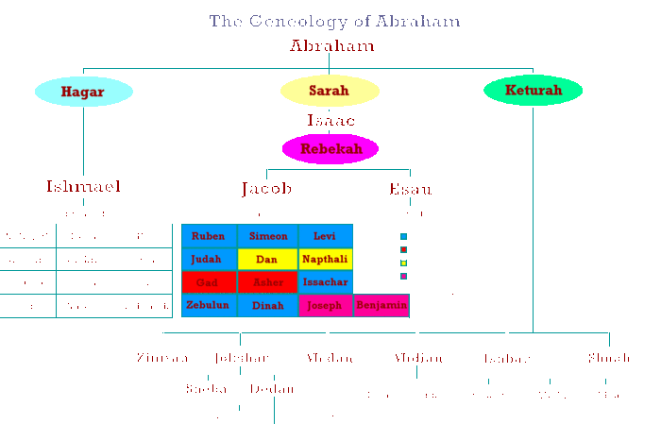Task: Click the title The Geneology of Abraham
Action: tap(334, 21)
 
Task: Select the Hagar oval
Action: tap(83, 92)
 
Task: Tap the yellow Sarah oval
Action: tap(330, 92)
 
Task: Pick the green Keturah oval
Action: tap(533, 91)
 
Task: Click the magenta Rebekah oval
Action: tap(330, 148)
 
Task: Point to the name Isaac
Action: tap(330, 120)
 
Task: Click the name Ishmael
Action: tap(83, 186)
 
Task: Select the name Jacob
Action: tap(266, 189)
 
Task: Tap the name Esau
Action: tap(411, 189)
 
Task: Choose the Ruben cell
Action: tap(209, 236)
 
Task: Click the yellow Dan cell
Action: tap(267, 259)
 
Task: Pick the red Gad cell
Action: tap(209, 282)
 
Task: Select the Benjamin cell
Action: tap(381, 305)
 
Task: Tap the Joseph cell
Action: tap(326, 305)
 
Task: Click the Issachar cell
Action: tap(326, 282)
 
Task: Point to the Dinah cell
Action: tap(267, 305)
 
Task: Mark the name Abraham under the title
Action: tap(331, 45)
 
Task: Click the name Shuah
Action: tap(609, 358)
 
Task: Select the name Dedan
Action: tap(273, 389)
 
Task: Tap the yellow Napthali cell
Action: tap(326, 259)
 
